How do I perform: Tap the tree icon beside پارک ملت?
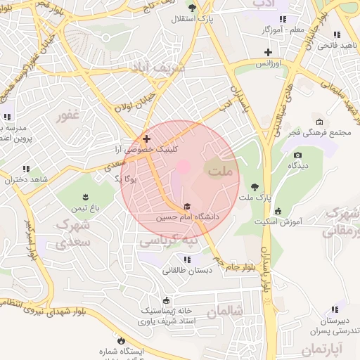255,187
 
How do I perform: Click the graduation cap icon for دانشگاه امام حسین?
187,206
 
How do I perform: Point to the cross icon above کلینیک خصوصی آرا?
146,139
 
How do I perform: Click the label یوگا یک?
127,179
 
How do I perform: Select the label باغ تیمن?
85,208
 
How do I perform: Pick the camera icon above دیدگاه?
297,155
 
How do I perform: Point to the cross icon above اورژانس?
267,52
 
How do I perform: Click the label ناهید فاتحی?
336,46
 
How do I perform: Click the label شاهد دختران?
26,180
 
